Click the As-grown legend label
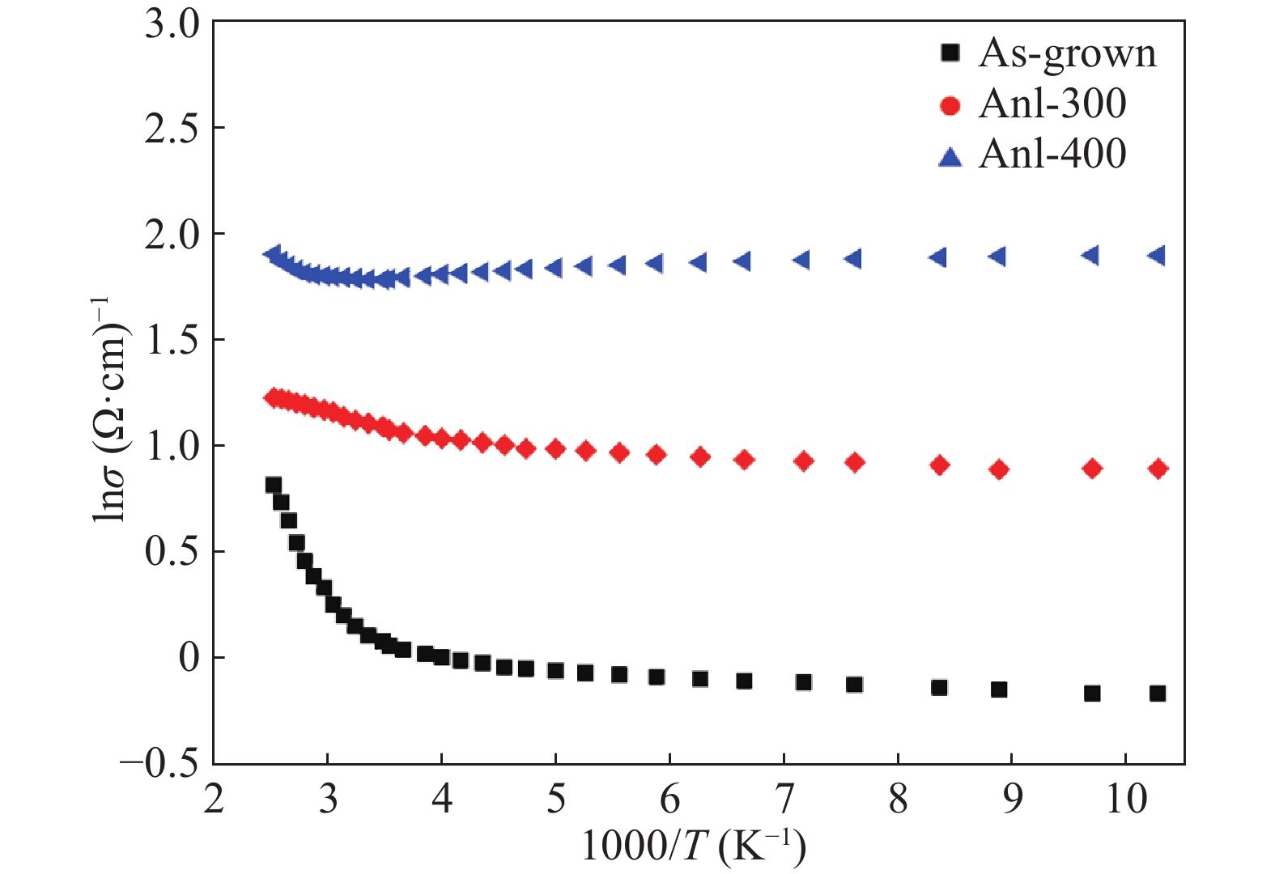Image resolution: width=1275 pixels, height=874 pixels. pyautogui.click(x=1067, y=53)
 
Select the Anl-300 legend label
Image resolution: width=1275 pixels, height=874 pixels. pyautogui.click(x=1052, y=104)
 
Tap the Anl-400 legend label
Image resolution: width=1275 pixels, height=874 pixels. pyautogui.click(x=1052, y=154)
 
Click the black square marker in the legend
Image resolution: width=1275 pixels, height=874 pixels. pyautogui.click(x=950, y=53)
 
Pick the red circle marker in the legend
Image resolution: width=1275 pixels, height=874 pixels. pyautogui.click(x=950, y=105)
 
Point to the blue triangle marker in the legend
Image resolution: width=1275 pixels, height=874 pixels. pyautogui.click(x=950, y=155)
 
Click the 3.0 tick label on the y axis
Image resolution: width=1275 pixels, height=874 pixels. pyautogui.click(x=172, y=24)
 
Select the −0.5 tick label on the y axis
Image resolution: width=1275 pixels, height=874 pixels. pyautogui.click(x=159, y=763)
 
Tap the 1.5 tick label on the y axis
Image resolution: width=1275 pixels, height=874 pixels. pyautogui.click(x=172, y=341)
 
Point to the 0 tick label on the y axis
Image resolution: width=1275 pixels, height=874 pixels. pyautogui.click(x=189, y=658)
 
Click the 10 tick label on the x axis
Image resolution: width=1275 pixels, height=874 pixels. pyautogui.click(x=1125, y=800)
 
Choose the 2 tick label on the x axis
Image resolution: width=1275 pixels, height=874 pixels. pyautogui.click(x=214, y=800)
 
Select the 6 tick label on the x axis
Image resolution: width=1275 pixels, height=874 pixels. pyautogui.click(x=669, y=800)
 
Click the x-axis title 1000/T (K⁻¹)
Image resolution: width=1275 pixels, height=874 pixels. pyautogui.click(x=694, y=846)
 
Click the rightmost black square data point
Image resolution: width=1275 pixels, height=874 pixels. pyautogui.click(x=1158, y=694)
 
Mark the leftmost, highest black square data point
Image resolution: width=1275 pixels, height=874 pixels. pyautogui.click(x=273, y=486)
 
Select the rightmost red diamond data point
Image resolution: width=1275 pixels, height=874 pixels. pyautogui.click(x=1158, y=469)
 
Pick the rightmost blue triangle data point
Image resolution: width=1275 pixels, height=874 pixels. pyautogui.click(x=1157, y=256)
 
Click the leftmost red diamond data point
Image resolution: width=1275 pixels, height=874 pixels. pyautogui.click(x=274, y=397)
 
